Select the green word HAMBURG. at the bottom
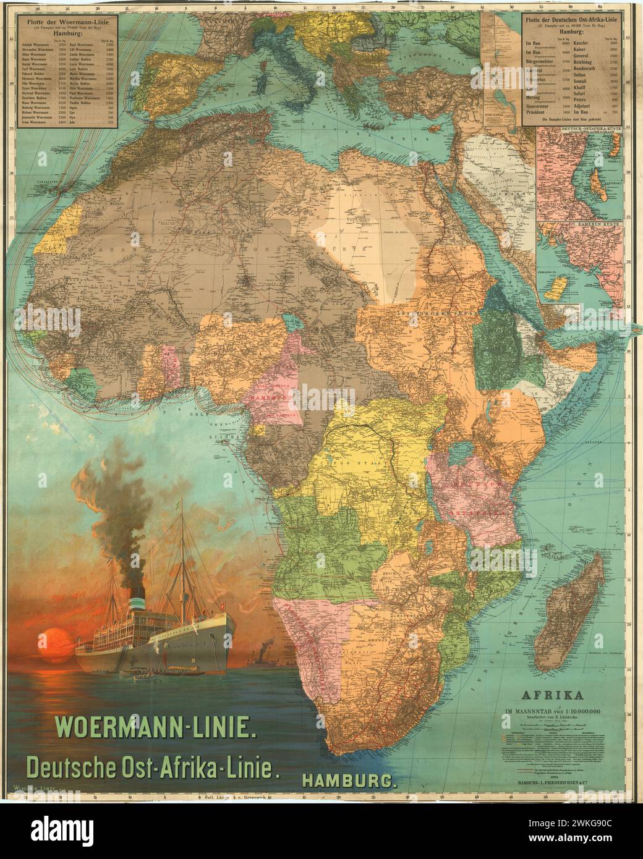pyautogui.click(x=349, y=781)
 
